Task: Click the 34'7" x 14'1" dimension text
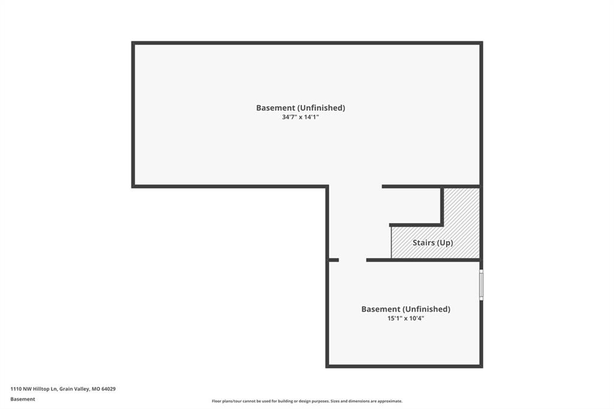click(x=300, y=117)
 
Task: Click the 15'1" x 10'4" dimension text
click(x=406, y=318)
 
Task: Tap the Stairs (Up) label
click(x=433, y=242)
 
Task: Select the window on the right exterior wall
click(x=481, y=285)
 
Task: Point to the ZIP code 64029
click(x=109, y=389)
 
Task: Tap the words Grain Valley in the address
click(x=74, y=389)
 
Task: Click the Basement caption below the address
click(x=23, y=399)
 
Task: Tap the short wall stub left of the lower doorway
click(x=333, y=260)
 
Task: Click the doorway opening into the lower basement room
click(x=353, y=260)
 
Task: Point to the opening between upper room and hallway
click(x=355, y=187)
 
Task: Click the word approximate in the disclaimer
click(x=391, y=401)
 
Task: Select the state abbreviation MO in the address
click(x=95, y=389)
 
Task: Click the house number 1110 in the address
click(x=16, y=389)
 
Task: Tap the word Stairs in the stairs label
click(x=424, y=242)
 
